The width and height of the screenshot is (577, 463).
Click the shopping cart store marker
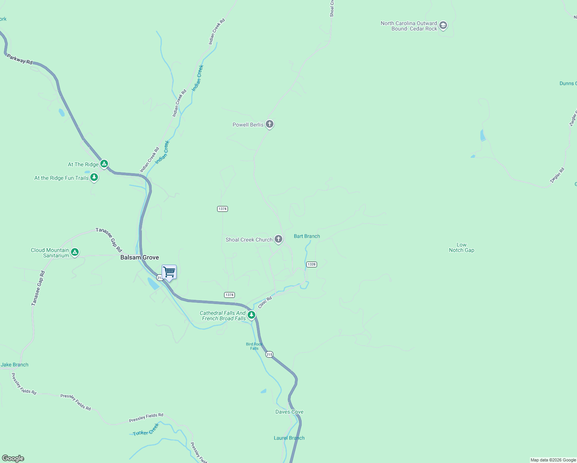pos(169,272)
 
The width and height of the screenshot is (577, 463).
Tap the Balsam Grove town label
pos(140,257)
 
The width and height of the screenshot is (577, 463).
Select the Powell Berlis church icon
pos(270,124)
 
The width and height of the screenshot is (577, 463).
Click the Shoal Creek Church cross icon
pos(278,239)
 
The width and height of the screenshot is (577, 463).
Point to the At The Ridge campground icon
pos(104,164)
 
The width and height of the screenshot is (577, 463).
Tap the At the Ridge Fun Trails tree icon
pos(94,177)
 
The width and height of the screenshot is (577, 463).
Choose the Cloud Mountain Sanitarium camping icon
pos(75,252)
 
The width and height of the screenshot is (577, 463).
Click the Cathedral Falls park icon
pos(251,315)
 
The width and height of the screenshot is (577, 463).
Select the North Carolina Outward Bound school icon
pos(443,25)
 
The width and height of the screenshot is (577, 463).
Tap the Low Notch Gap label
pos(461,247)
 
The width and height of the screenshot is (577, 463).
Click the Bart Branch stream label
pos(307,236)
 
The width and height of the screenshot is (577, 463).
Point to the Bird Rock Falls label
pos(254,346)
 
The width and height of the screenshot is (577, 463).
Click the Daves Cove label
pos(289,412)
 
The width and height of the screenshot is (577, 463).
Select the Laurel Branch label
pos(289,438)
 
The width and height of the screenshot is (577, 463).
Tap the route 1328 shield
pos(311,264)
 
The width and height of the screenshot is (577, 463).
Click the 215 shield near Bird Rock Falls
pos(269,354)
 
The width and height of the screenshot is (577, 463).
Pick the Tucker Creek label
pos(146,430)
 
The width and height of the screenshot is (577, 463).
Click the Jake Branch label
pos(15,365)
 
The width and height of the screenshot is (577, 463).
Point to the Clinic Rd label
pos(265,302)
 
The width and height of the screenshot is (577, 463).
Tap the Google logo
pos(13,458)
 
